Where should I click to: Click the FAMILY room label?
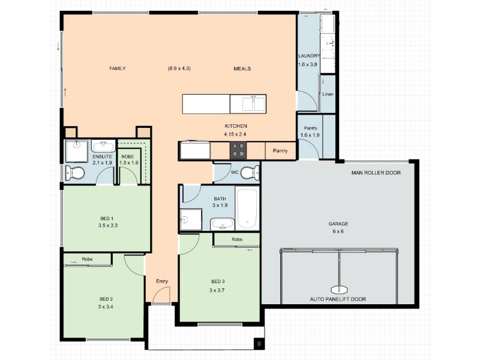[117, 68]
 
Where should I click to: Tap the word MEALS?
[242, 68]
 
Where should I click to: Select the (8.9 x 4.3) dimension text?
[179, 68]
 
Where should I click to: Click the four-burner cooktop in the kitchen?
[238, 150]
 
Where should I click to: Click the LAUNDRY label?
[309, 56]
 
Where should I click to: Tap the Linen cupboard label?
[328, 94]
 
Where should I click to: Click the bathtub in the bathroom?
[247, 208]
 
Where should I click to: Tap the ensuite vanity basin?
[103, 146]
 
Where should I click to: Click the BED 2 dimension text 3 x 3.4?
[106, 307]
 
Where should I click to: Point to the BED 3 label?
[218, 282]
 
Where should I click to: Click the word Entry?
[162, 281]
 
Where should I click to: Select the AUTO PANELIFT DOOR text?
[338, 299]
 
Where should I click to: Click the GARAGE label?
[338, 223]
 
